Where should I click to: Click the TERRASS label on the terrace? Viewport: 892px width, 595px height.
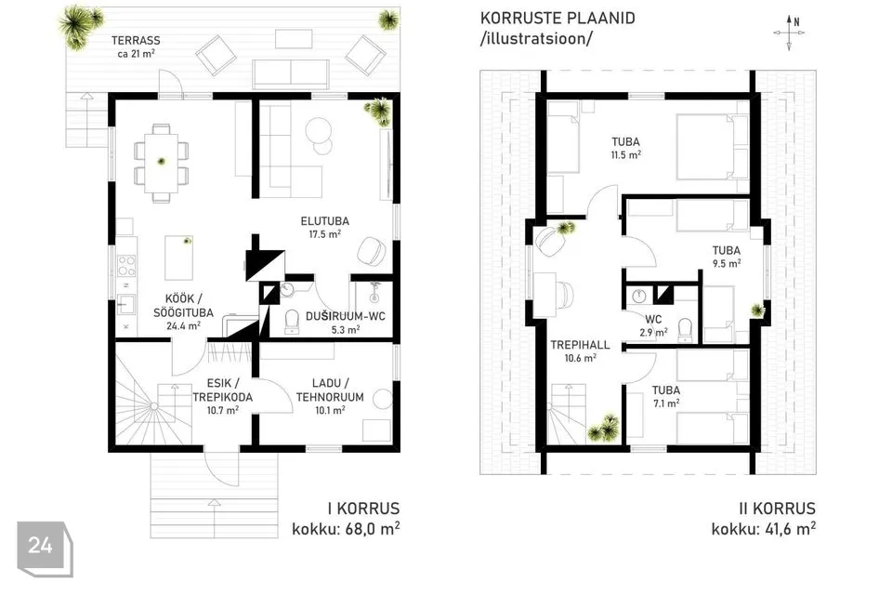click(x=136, y=40)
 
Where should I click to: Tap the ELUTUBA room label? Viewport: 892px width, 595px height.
click(x=325, y=221)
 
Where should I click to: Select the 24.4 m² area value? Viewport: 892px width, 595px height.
click(x=183, y=326)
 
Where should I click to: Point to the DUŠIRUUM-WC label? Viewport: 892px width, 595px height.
click(x=346, y=316)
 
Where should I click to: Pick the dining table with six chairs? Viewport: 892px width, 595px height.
click(x=161, y=163)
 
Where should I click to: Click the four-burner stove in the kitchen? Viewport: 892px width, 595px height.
click(x=126, y=265)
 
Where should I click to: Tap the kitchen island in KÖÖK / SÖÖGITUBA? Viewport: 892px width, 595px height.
click(x=178, y=258)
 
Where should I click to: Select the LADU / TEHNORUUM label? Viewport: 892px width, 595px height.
click(x=330, y=390)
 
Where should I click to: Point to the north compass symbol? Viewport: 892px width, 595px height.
click(x=790, y=33)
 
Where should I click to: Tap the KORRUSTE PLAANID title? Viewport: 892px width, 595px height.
click(x=557, y=19)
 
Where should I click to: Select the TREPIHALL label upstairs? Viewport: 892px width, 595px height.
click(x=580, y=345)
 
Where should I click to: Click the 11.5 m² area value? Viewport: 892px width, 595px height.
click(x=625, y=155)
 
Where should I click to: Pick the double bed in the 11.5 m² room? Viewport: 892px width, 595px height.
click(x=713, y=147)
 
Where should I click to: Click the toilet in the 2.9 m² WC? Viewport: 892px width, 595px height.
click(x=685, y=330)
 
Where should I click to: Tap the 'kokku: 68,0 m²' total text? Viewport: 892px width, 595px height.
click(x=346, y=529)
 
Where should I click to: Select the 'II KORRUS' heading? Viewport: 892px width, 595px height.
click(x=777, y=509)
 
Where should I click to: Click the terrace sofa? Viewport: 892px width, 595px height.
click(x=291, y=74)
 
